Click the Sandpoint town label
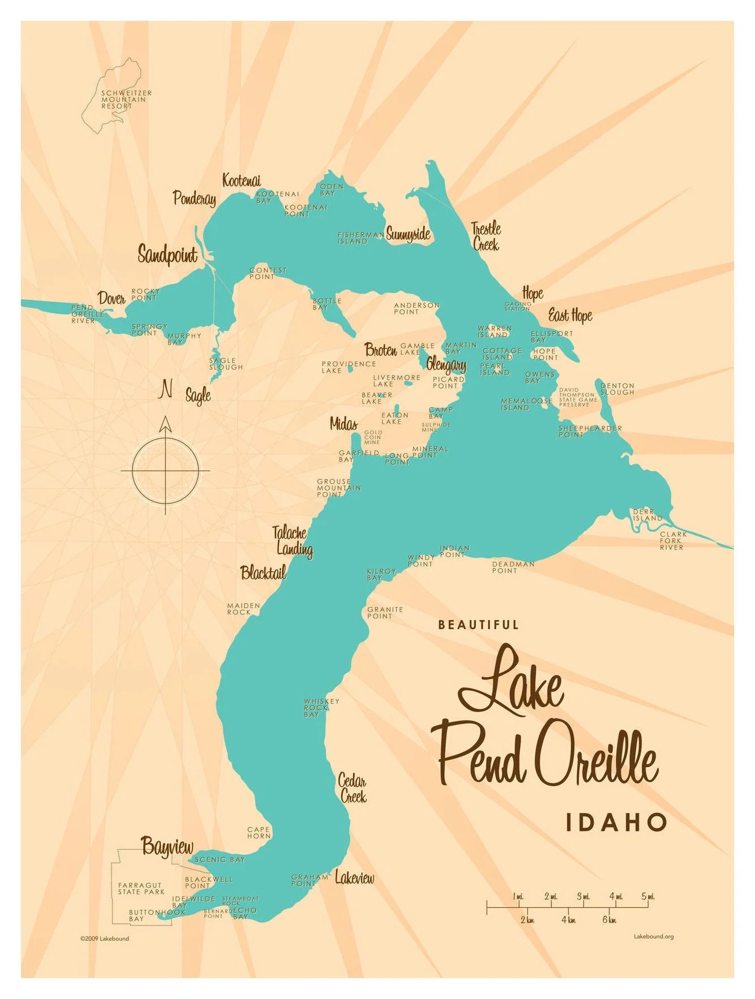click(x=168, y=255)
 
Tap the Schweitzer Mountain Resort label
click(x=126, y=100)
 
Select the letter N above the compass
click(x=166, y=389)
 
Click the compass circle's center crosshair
click(x=165, y=470)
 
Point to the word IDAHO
click(x=616, y=822)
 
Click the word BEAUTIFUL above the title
click(x=478, y=625)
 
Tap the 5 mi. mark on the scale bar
click(x=647, y=897)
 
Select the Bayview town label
click(x=167, y=847)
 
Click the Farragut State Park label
click(x=141, y=888)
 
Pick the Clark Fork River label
click(x=673, y=540)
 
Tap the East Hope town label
click(x=570, y=316)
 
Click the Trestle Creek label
click(x=486, y=236)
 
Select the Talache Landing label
click(x=292, y=540)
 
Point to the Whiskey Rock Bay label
click(x=321, y=708)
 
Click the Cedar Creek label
click(x=353, y=789)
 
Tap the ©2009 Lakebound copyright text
click(x=105, y=938)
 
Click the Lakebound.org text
click(x=653, y=937)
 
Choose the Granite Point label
click(x=385, y=613)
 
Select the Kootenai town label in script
click(x=241, y=180)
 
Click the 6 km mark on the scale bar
click(x=608, y=920)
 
